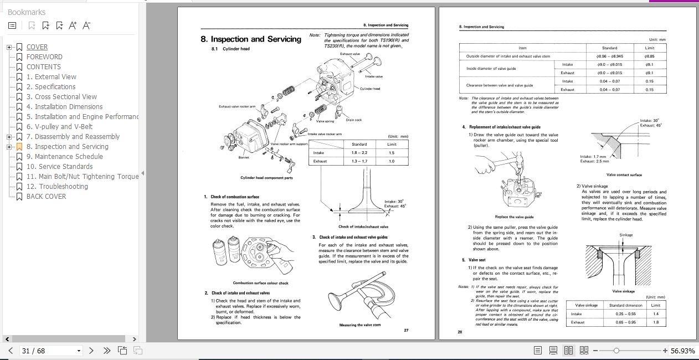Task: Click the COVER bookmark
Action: (x=37, y=47)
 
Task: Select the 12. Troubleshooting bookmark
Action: (x=57, y=187)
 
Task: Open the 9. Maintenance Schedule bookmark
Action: (x=64, y=157)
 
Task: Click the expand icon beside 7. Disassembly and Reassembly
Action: (x=9, y=137)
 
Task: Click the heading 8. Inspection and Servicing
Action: (x=251, y=39)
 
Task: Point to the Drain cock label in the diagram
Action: (x=353, y=120)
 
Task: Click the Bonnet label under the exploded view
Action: (x=244, y=157)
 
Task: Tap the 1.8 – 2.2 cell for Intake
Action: (x=359, y=153)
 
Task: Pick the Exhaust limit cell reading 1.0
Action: (x=391, y=161)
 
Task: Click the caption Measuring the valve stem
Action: (x=360, y=325)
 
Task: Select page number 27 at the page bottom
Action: (x=406, y=331)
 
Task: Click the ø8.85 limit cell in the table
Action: (x=649, y=56)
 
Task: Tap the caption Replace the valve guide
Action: (x=514, y=217)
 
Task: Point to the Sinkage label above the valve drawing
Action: (x=625, y=235)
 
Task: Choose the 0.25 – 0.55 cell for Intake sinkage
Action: (x=625, y=314)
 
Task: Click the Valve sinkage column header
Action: (x=586, y=305)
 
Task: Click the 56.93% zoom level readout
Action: (x=682, y=351)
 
